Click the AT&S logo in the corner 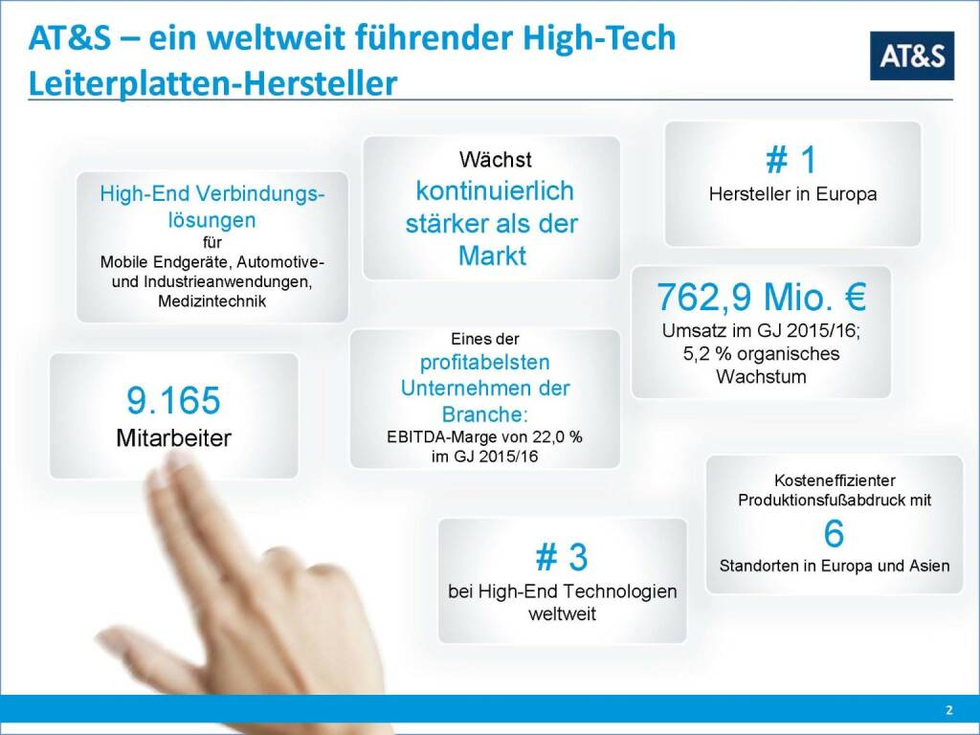tap(912, 56)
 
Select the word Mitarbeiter tap(173, 438)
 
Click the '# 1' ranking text tap(791, 160)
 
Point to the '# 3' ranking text tap(562, 557)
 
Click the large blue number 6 tap(834, 533)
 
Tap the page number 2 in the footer tap(948, 710)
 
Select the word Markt tap(492, 256)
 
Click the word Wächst tap(495, 158)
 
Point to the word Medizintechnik tap(212, 301)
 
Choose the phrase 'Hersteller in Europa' tap(792, 194)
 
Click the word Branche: tap(485, 414)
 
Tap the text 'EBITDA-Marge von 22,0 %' tap(484, 437)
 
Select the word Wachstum tap(761, 376)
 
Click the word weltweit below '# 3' tap(562, 613)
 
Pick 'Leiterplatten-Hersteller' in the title tap(212, 83)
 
